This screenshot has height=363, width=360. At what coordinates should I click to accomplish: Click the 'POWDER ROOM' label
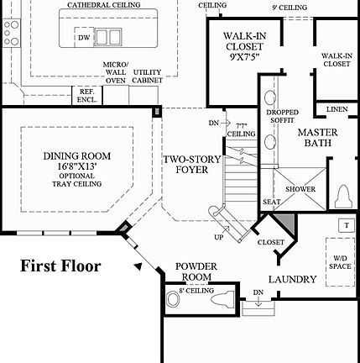[x=196, y=271]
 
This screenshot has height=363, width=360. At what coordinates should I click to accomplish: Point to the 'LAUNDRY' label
[x=292, y=279]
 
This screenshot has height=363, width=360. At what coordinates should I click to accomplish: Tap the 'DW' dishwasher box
[x=83, y=37]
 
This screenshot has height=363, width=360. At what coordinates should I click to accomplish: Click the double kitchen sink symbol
[x=107, y=37]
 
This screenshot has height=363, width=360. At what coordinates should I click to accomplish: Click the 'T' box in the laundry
[x=344, y=224]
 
